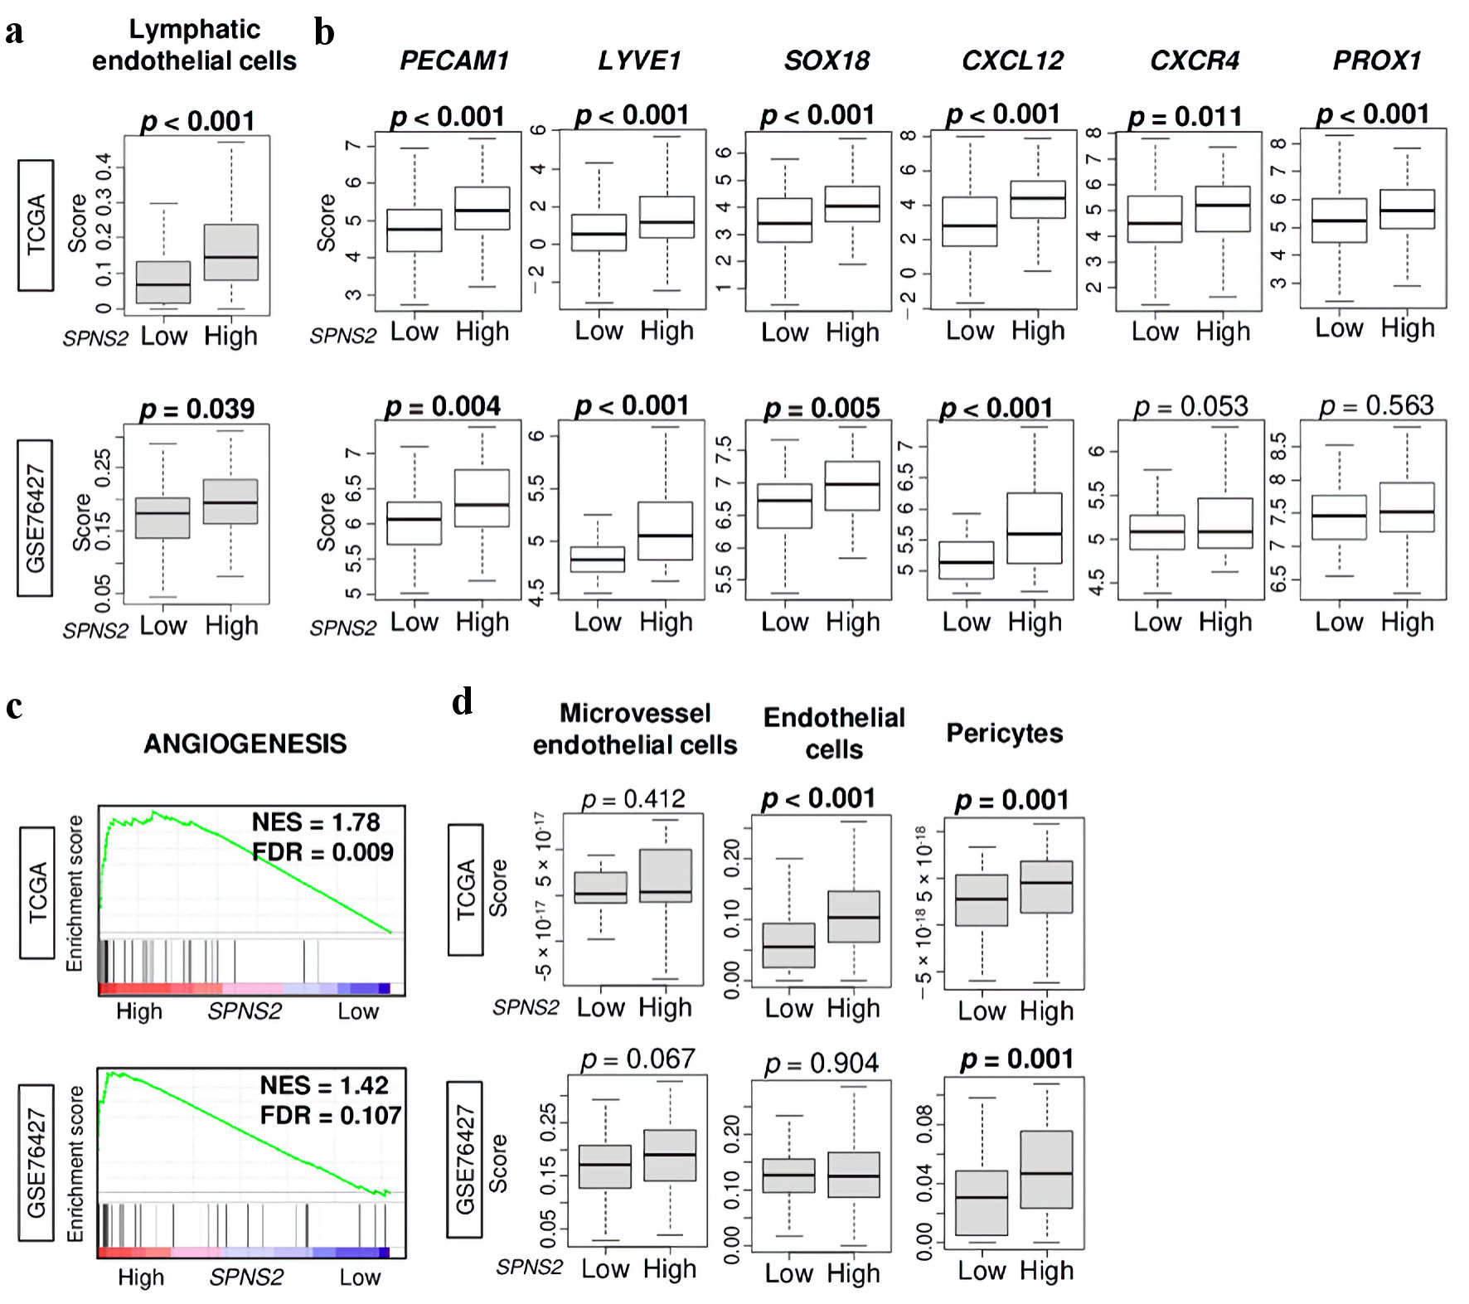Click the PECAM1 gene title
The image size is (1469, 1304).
453,61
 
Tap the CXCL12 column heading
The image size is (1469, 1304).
1012,61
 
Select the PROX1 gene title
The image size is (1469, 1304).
1377,61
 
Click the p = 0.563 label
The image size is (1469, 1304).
1376,405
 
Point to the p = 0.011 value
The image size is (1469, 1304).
1185,117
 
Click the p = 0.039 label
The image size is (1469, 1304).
197,409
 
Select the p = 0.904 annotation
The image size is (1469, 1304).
821,1063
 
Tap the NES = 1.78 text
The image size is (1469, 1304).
316,822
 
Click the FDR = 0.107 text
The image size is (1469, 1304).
331,1115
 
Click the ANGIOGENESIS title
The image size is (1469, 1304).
245,744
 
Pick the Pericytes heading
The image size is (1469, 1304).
1005,733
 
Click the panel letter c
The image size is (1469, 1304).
14,706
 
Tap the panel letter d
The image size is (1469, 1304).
463,702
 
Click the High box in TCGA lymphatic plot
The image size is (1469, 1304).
231,252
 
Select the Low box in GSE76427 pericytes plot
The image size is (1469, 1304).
982,1202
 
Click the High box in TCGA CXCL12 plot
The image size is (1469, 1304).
1038,199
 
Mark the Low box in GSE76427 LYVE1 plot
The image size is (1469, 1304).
599,559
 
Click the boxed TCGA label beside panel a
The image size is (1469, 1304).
36,225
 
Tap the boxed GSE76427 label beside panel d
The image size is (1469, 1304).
465,1159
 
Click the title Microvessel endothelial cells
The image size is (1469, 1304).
635,730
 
